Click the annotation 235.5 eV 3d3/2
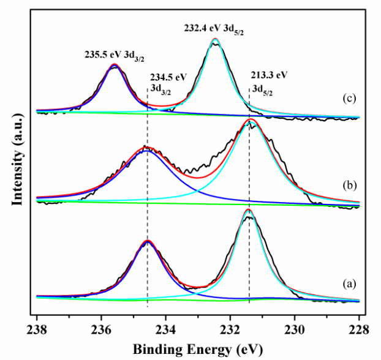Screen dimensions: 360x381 (x=114, y=54)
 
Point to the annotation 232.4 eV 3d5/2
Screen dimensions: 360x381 (x=215, y=28)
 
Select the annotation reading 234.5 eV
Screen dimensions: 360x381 (x=168, y=78)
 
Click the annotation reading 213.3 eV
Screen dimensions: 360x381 (x=269, y=75)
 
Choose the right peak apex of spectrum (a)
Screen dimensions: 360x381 (x=248, y=209)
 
